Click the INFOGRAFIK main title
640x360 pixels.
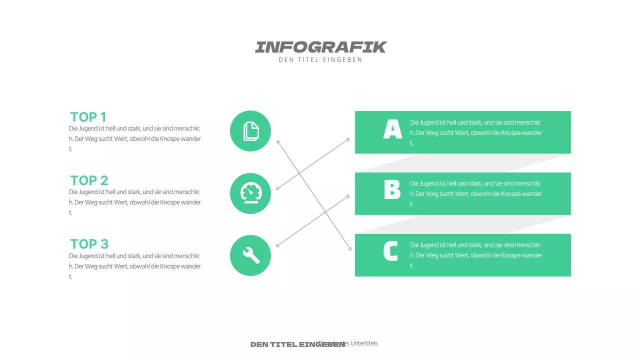pos(320,47)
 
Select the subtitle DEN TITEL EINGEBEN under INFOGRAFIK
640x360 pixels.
pos(320,60)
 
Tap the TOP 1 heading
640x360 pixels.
pos(88,117)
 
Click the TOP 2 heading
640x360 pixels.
pos(89,180)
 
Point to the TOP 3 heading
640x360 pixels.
pos(89,244)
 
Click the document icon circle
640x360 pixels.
pos(250,131)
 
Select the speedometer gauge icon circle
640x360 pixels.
pos(250,193)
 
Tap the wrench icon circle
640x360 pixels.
pos(250,255)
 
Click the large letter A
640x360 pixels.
pos(392,129)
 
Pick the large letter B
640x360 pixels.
pos(392,190)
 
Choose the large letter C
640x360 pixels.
pos(390,251)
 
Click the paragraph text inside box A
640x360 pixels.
pos(475,132)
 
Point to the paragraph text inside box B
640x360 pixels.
pos(475,193)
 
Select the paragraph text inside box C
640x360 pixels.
pos(475,255)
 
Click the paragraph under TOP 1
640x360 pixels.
pos(135,138)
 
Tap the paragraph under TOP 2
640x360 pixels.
pos(135,202)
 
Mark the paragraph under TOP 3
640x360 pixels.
pos(135,266)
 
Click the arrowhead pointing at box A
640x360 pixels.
pos(348,139)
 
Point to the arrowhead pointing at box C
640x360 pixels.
pos(350,248)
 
